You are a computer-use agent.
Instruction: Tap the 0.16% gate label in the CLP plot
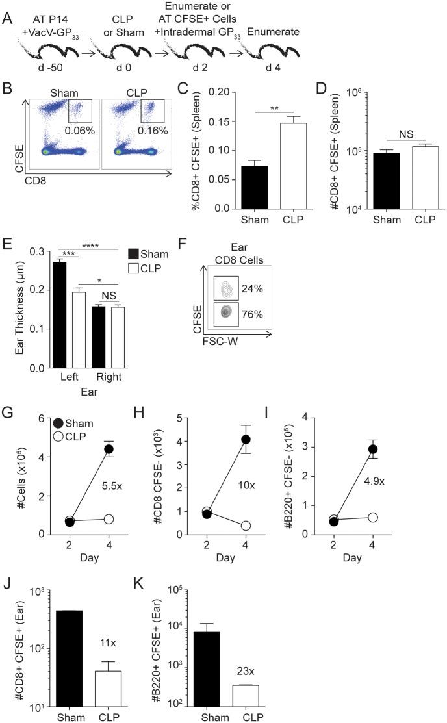[153, 130]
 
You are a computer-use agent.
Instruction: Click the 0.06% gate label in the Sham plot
[78, 130]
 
